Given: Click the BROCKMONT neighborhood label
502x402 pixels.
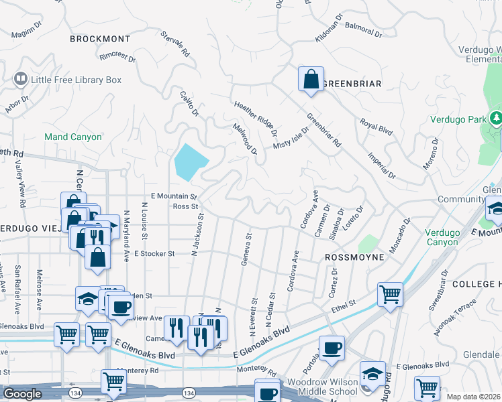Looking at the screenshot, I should (x=99, y=40).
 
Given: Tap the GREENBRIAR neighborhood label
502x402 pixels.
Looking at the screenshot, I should (x=352, y=84).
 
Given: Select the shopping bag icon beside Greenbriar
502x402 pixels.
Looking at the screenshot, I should (x=311, y=79).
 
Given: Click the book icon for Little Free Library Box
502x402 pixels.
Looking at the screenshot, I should (x=21, y=80).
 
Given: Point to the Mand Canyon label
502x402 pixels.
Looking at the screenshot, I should (x=73, y=137).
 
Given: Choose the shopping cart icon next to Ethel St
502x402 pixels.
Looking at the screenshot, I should (x=390, y=293).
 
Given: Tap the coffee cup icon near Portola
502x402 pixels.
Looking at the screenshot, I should (x=332, y=348).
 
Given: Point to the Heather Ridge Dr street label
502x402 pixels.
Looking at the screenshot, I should (x=255, y=115).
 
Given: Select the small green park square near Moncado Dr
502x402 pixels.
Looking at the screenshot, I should (x=368, y=244).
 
